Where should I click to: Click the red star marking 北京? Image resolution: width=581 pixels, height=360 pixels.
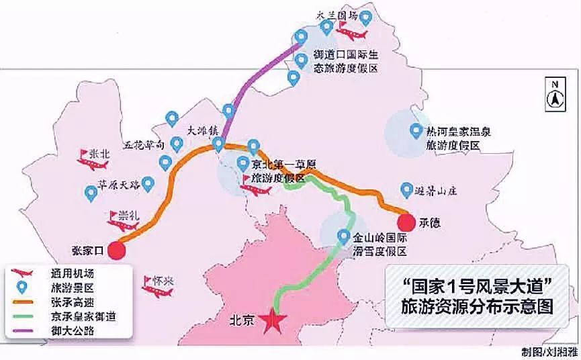(273, 320)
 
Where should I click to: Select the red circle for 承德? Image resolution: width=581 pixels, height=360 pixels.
(406, 222)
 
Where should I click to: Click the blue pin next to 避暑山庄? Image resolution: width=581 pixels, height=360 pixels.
(406, 190)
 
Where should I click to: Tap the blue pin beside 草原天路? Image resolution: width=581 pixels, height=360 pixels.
(91, 193)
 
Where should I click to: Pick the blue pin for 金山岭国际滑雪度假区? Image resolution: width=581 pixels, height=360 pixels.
(343, 237)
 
